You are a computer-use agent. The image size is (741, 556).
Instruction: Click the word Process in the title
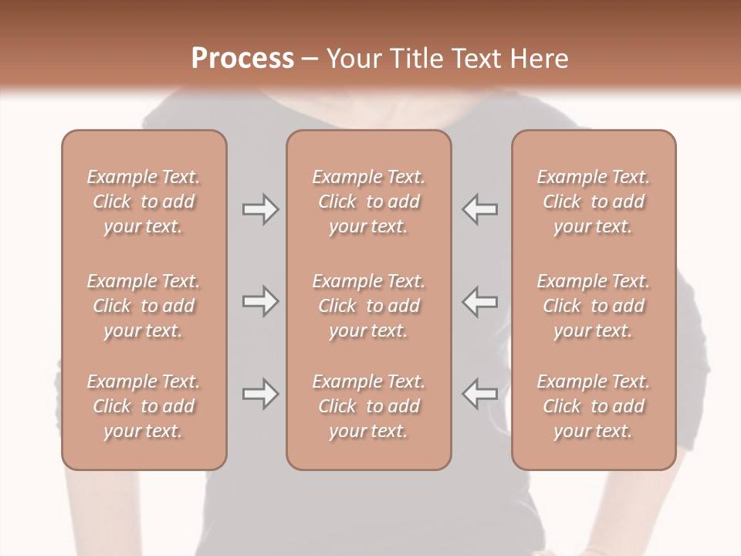(242, 59)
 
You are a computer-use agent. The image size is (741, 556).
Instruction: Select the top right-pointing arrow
(260, 209)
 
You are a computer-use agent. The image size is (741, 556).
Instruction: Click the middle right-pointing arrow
(260, 301)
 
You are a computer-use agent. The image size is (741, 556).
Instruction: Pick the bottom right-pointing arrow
(260, 394)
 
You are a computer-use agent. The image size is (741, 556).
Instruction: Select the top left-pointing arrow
(480, 209)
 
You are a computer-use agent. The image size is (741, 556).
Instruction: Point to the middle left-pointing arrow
(480, 301)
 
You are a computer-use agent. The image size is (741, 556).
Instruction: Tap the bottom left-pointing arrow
(480, 394)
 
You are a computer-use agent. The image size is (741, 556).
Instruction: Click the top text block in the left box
(144, 202)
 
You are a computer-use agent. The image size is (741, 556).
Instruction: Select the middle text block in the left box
(144, 306)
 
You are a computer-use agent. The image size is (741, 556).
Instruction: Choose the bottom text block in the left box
(144, 406)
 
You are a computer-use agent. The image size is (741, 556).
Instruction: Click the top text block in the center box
(368, 202)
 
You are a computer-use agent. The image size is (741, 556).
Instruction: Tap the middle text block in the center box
(368, 306)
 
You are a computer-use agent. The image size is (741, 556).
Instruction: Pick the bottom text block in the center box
(368, 406)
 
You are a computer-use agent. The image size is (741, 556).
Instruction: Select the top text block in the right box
(594, 202)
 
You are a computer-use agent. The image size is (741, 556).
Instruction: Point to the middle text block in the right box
(594, 306)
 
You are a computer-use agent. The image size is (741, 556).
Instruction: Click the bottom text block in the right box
(594, 406)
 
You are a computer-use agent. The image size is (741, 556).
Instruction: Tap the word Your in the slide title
(351, 59)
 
